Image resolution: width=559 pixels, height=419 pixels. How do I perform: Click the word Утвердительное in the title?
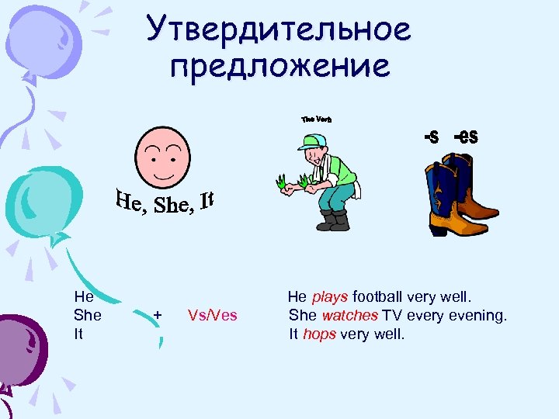click(278, 31)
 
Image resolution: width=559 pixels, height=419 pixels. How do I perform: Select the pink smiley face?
click(162, 156)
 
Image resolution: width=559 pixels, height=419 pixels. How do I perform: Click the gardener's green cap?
click(312, 142)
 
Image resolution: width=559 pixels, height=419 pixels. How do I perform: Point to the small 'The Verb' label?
click(316, 119)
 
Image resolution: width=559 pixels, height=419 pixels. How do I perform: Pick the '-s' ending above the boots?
click(431, 137)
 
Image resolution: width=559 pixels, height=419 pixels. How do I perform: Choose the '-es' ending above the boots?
click(466, 137)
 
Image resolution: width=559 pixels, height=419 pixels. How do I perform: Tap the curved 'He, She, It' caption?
click(165, 203)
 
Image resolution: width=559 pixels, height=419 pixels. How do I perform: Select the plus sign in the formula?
click(158, 315)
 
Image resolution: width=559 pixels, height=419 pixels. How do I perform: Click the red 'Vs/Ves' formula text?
click(213, 315)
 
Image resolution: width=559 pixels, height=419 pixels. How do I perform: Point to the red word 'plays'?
click(331, 296)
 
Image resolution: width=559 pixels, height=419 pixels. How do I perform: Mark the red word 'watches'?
click(349, 316)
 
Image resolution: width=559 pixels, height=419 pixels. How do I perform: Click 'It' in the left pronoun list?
click(79, 334)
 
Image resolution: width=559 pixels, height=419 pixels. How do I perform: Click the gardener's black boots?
click(332, 221)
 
